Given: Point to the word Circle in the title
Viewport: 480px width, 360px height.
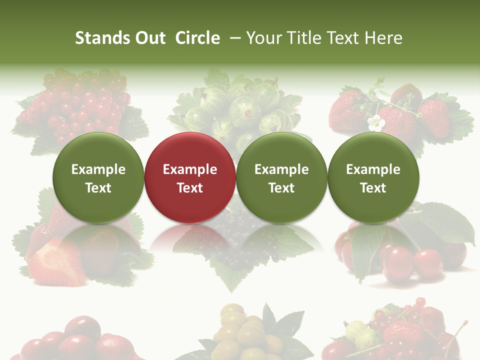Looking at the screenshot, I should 197,38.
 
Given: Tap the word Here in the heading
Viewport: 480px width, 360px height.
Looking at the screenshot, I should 383,38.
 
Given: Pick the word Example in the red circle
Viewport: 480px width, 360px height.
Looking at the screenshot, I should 190,169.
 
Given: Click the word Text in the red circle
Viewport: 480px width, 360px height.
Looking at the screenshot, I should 190,188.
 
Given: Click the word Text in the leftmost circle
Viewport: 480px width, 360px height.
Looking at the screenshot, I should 98,188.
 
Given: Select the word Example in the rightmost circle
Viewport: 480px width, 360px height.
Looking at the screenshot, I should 373,169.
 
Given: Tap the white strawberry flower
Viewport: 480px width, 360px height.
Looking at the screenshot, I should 375,123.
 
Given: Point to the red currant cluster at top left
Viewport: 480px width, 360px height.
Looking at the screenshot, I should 80,107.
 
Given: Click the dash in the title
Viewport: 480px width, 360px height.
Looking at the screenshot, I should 234,38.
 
